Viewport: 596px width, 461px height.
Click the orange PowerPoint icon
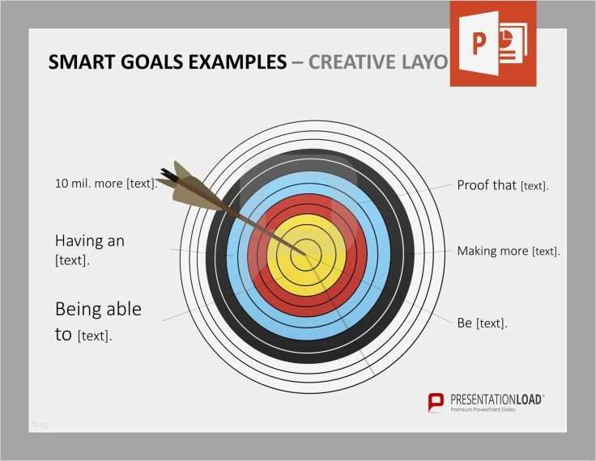[493, 44]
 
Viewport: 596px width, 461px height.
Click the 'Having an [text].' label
[89, 250]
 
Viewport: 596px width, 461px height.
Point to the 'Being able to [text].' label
[98, 321]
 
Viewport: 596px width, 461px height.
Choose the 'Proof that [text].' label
[502, 185]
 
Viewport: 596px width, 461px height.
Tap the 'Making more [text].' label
[508, 252]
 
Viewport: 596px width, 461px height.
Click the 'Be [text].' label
[482, 323]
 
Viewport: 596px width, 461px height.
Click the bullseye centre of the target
[307, 253]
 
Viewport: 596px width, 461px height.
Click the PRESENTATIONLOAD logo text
[497, 399]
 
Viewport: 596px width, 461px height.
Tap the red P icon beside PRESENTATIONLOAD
[436, 401]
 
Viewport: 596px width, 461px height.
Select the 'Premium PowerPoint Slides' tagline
[483, 410]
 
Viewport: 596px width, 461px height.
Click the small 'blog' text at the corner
[39, 424]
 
